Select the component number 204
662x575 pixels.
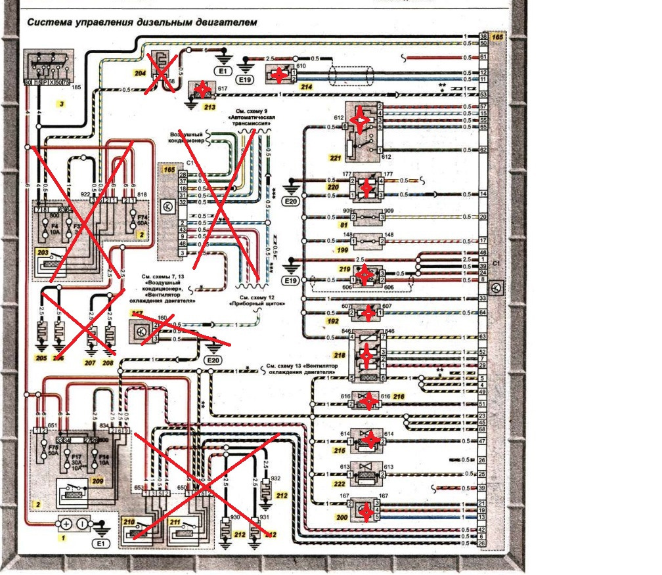[x=139, y=74]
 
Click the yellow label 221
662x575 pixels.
[x=335, y=158]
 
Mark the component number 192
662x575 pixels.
[x=334, y=322]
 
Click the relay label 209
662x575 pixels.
[x=97, y=481]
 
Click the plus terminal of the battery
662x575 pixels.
[x=65, y=524]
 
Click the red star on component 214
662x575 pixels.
[x=280, y=75]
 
